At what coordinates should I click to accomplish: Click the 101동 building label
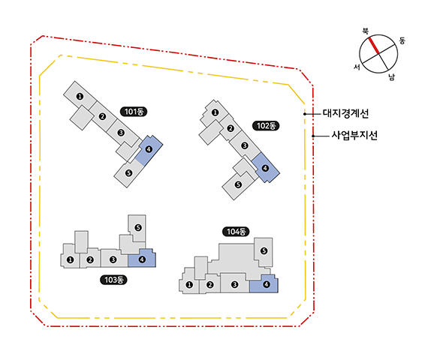click(134, 112)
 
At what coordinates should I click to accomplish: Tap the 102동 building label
click(266, 126)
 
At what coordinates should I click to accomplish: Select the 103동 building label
click(113, 280)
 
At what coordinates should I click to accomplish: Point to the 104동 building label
click(236, 232)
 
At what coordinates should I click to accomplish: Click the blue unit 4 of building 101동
click(149, 150)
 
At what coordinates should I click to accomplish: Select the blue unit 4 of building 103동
click(142, 258)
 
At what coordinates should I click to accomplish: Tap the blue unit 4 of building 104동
click(264, 284)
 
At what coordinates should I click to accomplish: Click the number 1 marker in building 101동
click(80, 96)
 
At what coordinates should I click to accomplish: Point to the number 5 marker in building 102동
click(238, 184)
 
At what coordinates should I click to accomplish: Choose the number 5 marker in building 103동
click(138, 227)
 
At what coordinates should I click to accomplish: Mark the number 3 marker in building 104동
click(234, 285)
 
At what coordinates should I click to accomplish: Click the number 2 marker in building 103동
click(90, 260)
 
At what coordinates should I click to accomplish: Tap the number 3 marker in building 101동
click(121, 133)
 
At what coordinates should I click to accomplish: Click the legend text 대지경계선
click(345, 113)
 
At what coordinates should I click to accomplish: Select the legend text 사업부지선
click(354, 135)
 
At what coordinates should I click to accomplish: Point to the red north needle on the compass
click(374, 46)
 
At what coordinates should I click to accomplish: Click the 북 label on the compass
click(365, 31)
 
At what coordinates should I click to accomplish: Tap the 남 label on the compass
click(392, 77)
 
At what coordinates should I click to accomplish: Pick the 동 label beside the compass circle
click(402, 40)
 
